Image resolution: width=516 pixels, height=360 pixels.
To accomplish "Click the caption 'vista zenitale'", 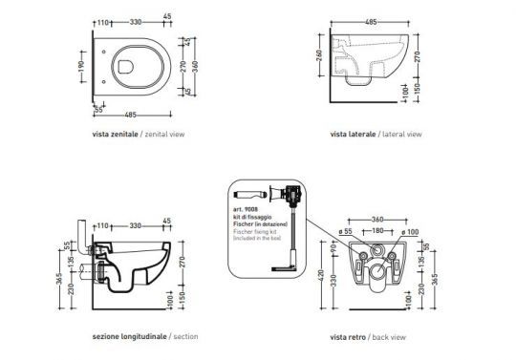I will pos(114,135).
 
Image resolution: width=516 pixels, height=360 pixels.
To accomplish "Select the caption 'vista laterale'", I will pos(351,135).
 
